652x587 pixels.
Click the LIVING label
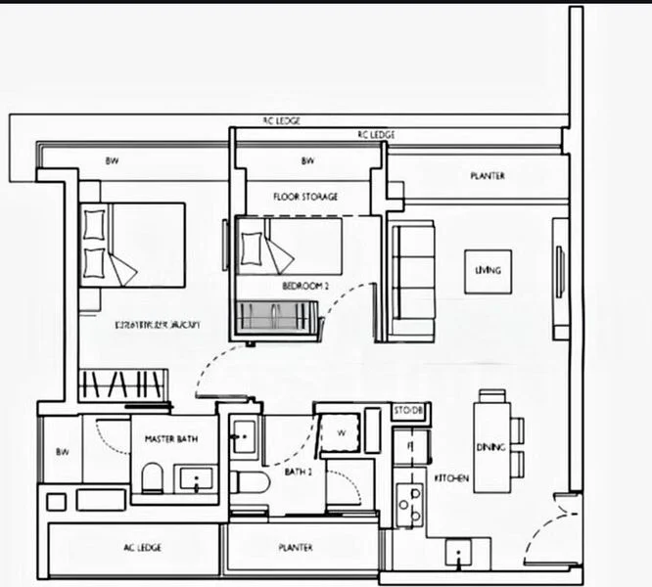[x=488, y=269]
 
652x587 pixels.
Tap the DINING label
[x=490, y=447]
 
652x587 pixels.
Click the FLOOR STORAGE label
[x=305, y=197]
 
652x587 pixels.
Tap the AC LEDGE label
[x=143, y=547]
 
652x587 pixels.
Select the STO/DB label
[x=408, y=410]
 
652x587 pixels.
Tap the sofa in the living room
[x=411, y=281]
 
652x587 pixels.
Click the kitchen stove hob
[x=408, y=503]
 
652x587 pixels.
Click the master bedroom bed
[x=132, y=245]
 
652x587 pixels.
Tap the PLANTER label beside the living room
[x=487, y=177]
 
